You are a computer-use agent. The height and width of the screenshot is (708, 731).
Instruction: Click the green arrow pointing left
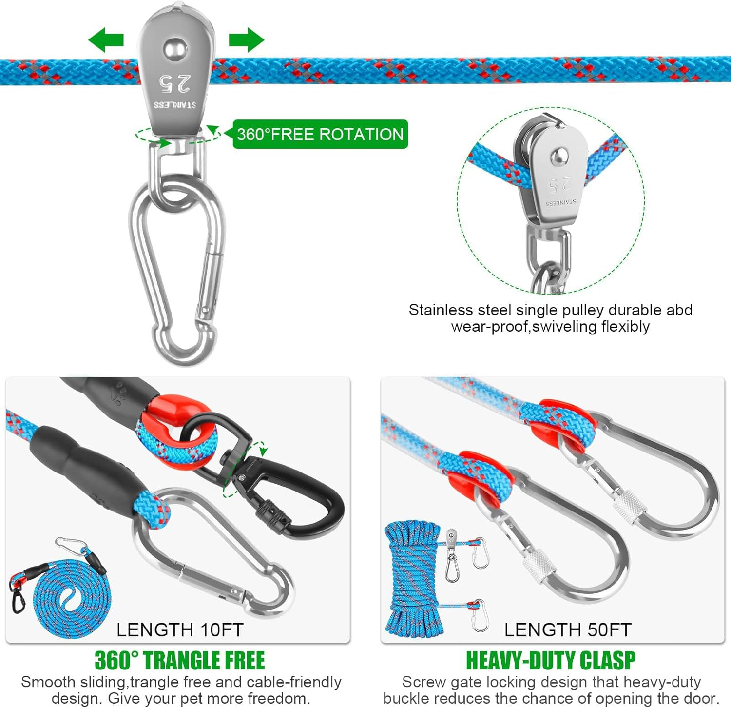pos(106,39)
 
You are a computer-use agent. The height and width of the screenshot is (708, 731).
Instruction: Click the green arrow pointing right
pos(247,39)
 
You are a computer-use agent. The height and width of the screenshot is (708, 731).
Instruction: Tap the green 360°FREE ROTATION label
pos(320,134)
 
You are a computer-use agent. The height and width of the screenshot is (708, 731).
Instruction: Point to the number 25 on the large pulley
pos(174,83)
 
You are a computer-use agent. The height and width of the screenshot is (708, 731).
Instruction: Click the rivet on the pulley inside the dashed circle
pos(558,157)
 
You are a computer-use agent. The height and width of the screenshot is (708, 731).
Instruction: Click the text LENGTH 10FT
pos(180,630)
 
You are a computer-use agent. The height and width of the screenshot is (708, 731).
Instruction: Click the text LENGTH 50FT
pos(568,630)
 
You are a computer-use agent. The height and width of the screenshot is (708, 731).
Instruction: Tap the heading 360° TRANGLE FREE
pos(180,661)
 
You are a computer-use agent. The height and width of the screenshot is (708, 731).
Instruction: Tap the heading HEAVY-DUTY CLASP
pos(551,661)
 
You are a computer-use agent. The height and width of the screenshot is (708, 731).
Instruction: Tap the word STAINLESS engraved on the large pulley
pos(174,105)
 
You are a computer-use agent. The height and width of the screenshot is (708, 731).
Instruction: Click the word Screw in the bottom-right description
pos(421,682)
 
